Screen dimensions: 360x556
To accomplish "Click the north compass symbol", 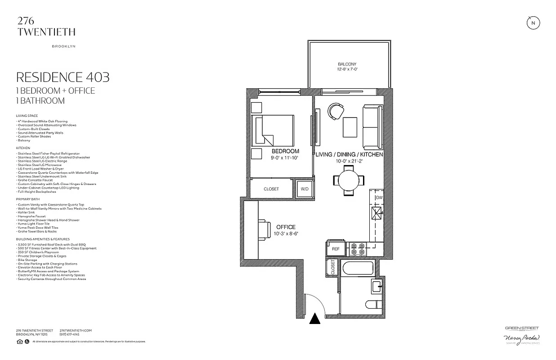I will click(x=533, y=23).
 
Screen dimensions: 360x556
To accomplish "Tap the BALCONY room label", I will click(x=347, y=64).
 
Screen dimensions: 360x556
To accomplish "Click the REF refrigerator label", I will click(x=336, y=249).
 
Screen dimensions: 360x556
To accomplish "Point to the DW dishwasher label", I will click(x=379, y=198).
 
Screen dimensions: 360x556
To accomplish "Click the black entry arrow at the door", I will click(x=315, y=318).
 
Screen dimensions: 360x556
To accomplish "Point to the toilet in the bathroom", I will click(x=373, y=305).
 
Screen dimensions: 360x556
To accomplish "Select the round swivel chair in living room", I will click(x=335, y=112).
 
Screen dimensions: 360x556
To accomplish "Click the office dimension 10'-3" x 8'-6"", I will click(x=286, y=234).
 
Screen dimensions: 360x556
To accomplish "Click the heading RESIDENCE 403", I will click(x=63, y=77).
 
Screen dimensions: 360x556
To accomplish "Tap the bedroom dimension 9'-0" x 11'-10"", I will click(x=285, y=158).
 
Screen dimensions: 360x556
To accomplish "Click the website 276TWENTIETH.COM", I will click(x=76, y=331).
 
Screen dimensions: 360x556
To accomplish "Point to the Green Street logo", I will click(x=521, y=328).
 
